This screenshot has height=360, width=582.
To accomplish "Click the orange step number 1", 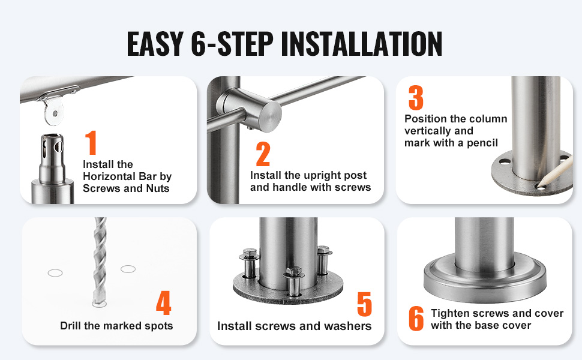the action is click(x=91, y=143).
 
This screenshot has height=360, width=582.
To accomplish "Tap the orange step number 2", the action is click(x=263, y=154).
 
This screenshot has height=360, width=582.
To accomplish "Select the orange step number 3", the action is click(x=416, y=98).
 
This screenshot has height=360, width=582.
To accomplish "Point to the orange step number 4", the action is click(x=163, y=302).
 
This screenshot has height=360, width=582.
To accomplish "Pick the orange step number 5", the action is click(x=364, y=304).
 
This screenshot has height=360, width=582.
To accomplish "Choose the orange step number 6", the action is click(x=416, y=319).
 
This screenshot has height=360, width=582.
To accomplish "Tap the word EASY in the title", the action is click(x=155, y=44).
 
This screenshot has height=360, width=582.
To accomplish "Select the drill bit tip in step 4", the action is click(x=97, y=302).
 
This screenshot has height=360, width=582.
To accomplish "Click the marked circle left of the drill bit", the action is click(x=55, y=273).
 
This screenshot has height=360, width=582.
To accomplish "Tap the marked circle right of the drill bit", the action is click(x=128, y=269).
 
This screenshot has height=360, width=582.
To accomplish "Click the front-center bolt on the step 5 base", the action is click(x=294, y=281).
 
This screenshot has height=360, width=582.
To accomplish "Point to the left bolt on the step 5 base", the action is click(x=249, y=263).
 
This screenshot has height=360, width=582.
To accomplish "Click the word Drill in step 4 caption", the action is click(x=71, y=325).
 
